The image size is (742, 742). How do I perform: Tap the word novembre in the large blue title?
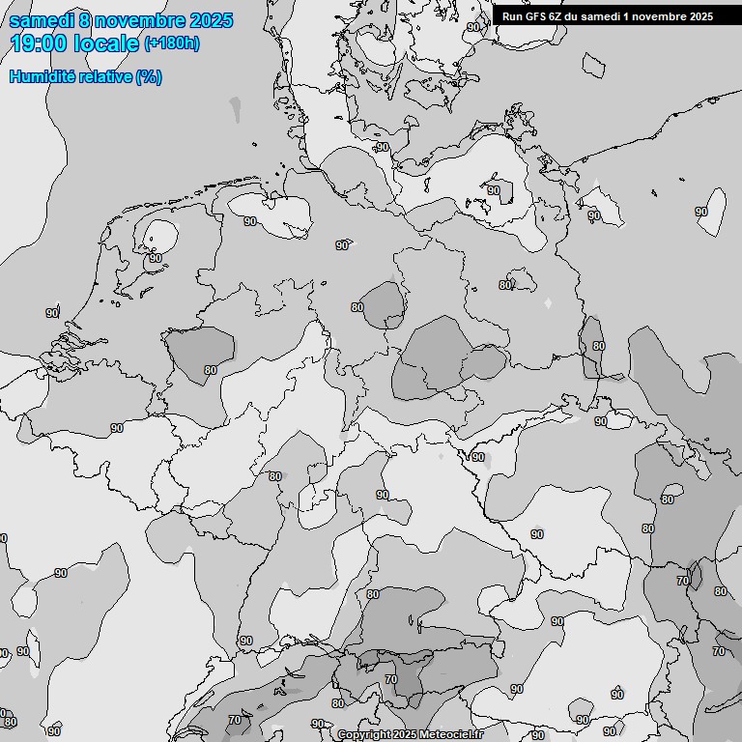point(139,20)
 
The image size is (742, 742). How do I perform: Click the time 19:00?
point(38,43)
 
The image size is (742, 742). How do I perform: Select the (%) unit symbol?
point(149,76)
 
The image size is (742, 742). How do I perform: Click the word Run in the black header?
point(511,15)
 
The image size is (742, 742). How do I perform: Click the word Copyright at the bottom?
point(363,735)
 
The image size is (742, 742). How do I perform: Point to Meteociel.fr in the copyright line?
point(451,735)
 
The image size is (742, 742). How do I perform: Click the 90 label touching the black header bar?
point(473,27)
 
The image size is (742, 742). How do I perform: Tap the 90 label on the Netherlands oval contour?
point(155,258)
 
